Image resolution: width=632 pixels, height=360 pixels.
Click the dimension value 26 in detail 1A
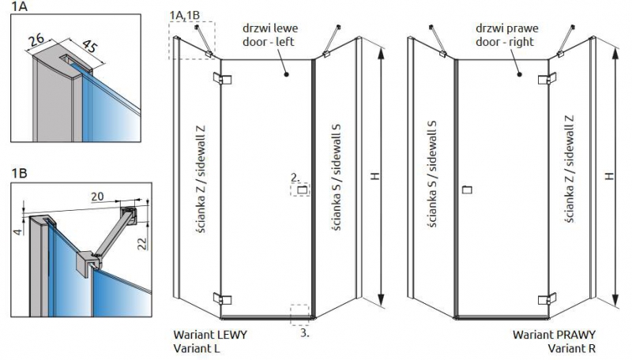37,41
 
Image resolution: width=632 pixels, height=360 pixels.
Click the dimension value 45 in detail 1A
89,46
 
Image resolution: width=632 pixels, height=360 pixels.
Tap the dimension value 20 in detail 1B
97,196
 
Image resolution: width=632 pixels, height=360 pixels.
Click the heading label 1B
19,173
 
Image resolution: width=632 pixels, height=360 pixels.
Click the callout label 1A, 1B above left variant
185,15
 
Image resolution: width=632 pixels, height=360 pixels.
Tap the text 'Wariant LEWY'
210,335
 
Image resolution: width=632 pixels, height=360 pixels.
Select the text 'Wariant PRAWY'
555,335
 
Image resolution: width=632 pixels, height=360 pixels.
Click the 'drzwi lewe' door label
270,28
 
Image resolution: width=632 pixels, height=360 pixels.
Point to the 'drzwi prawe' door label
506,28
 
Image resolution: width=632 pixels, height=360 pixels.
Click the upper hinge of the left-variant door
222,78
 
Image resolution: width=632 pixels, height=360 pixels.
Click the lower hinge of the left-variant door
222,298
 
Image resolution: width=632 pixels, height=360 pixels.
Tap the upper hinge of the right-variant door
547,78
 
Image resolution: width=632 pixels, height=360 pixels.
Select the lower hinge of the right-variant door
547,298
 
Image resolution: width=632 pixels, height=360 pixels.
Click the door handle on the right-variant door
468,189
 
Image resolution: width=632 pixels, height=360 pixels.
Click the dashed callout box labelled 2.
300,189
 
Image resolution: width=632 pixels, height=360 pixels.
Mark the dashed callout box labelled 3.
299,315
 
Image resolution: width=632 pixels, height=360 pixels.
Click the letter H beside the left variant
375,176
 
